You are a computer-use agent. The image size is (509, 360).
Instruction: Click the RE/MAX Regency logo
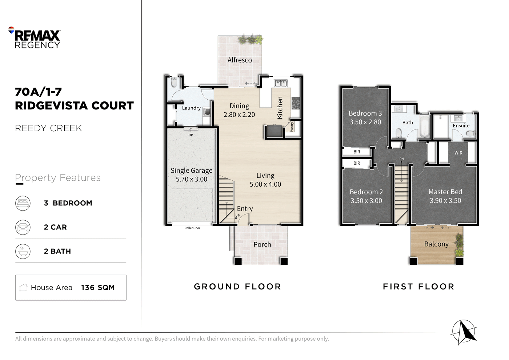(x=34, y=37)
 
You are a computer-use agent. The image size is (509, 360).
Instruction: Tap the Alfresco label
(x=240, y=60)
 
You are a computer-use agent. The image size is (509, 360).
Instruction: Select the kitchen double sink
(x=281, y=83)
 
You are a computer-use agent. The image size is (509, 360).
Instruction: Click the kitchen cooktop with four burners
(x=296, y=103)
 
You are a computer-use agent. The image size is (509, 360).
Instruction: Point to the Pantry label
(x=292, y=127)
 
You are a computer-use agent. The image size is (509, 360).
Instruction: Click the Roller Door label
(x=192, y=228)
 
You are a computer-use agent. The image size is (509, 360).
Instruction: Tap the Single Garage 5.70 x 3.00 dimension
(x=191, y=179)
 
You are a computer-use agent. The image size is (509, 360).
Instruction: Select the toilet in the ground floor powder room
(x=174, y=82)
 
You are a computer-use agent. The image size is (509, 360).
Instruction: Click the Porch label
(x=262, y=244)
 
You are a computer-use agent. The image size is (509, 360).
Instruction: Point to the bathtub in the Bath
(x=425, y=127)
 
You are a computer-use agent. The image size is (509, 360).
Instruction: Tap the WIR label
(x=458, y=153)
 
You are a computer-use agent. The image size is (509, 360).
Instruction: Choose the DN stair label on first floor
(x=401, y=159)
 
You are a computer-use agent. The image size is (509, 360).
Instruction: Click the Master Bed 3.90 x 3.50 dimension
(x=445, y=200)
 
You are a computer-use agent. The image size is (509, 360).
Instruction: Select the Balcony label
(x=436, y=244)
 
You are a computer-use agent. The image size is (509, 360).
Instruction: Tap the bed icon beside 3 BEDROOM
(x=23, y=203)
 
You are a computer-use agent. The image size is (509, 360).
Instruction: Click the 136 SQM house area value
(x=98, y=288)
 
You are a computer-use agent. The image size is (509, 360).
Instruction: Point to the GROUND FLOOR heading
(x=237, y=287)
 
